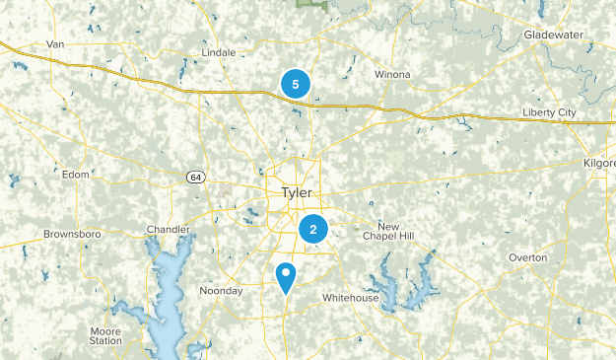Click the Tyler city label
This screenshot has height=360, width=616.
[297, 192]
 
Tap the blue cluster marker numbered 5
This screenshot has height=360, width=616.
[296, 85]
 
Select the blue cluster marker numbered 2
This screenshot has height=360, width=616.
[313, 231]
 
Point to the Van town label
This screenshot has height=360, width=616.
[56, 44]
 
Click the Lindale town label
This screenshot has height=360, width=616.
[217, 51]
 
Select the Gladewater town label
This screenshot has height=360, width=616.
[554, 35]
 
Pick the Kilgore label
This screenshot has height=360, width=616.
[598, 161]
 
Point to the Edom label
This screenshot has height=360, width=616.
[75, 175]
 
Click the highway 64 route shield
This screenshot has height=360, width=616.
[196, 177]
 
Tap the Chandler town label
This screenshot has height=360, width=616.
[168, 230]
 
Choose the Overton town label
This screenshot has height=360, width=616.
[527, 257]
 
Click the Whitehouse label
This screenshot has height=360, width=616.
[350, 298]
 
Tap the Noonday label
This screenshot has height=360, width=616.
[221, 291]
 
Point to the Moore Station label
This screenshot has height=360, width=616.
[105, 335]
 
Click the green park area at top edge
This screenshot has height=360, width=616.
[311, 4]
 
